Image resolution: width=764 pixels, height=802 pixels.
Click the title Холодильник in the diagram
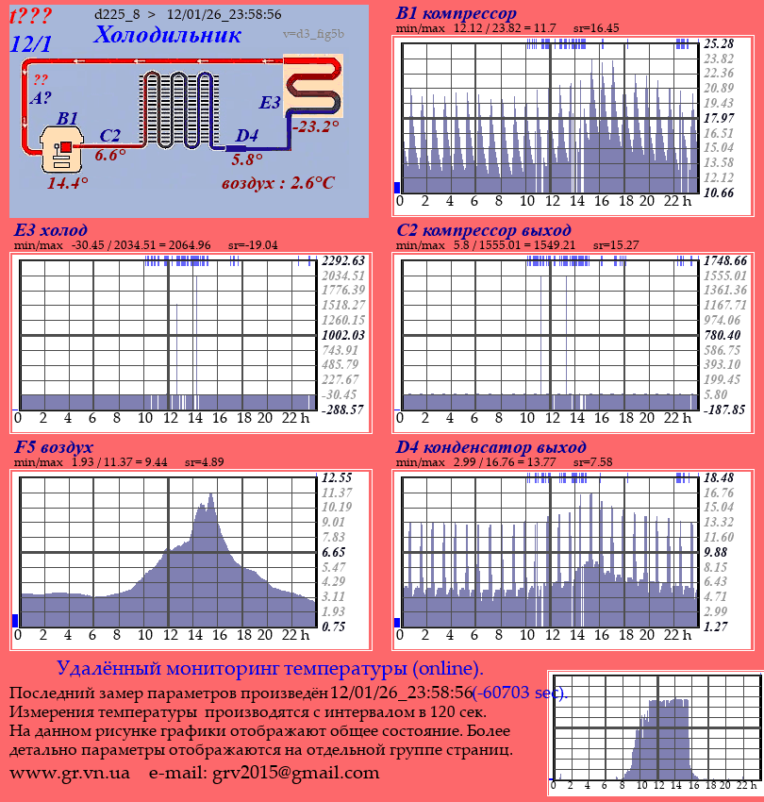click(x=167, y=35)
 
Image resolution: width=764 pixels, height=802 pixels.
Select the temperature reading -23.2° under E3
click(x=315, y=125)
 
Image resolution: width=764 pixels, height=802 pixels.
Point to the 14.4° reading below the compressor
click(x=68, y=183)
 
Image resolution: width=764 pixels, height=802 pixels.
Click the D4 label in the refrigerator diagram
click(x=246, y=136)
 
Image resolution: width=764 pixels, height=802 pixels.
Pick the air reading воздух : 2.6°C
click(x=278, y=182)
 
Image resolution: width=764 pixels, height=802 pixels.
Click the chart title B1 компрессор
click(x=457, y=13)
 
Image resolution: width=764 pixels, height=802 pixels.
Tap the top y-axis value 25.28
click(x=719, y=43)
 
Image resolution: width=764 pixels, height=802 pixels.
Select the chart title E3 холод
click(x=51, y=230)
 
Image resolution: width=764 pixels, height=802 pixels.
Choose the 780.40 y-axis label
click(x=722, y=335)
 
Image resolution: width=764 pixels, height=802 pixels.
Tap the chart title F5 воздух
click(x=54, y=446)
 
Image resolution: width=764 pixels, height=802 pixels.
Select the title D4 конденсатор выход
click(x=491, y=446)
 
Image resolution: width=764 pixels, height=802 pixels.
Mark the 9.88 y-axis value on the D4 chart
click(x=717, y=551)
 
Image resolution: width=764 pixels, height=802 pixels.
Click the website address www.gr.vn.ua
click(x=70, y=773)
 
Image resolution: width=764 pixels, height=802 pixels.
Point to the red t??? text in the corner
click(x=31, y=16)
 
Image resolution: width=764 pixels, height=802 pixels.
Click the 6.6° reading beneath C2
click(x=110, y=156)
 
